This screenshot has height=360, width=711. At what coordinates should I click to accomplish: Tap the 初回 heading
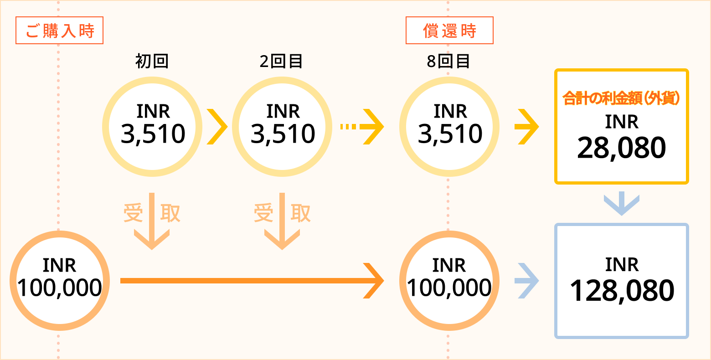pyautogui.click(x=152, y=61)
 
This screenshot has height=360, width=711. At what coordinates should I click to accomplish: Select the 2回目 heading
pyautogui.click(x=281, y=61)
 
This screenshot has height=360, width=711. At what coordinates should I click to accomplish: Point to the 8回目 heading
pyautogui.click(x=448, y=61)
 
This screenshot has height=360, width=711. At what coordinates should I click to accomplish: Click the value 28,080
pyautogui.click(x=622, y=148)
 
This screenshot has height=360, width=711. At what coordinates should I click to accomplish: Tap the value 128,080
pyautogui.click(x=622, y=290)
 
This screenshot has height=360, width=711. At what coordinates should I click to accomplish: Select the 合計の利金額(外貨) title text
pyautogui.click(x=621, y=98)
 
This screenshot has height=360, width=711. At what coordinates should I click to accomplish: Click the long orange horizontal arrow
pyautogui.click(x=252, y=281)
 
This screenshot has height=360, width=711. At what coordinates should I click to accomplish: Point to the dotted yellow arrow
pyautogui.click(x=362, y=127)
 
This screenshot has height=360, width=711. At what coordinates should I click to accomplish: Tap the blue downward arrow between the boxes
pyautogui.click(x=622, y=204)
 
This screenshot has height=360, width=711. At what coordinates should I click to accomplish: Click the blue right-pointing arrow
pyautogui.click(x=527, y=281)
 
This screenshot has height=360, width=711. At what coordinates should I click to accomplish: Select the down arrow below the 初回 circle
pyautogui.click(x=152, y=221)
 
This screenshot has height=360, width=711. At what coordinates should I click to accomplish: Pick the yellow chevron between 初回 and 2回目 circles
pyautogui.click(x=217, y=127)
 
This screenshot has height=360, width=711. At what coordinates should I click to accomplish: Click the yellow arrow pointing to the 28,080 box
pyautogui.click(x=527, y=127)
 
